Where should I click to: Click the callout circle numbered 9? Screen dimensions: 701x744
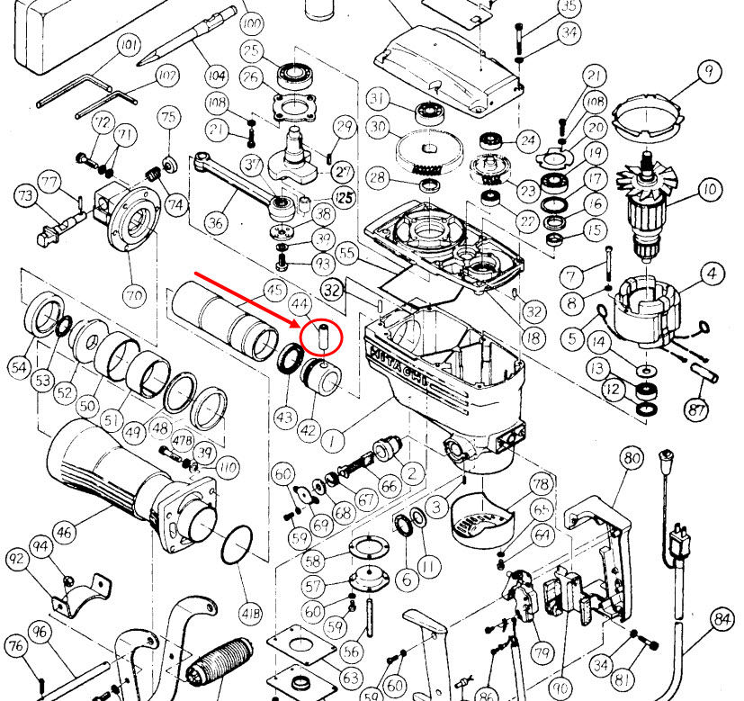pos(709,70)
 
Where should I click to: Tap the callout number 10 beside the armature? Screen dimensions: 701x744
pos(710,189)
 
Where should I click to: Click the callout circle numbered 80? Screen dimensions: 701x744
pos(632,457)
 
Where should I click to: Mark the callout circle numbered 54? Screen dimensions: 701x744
pos(18,366)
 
